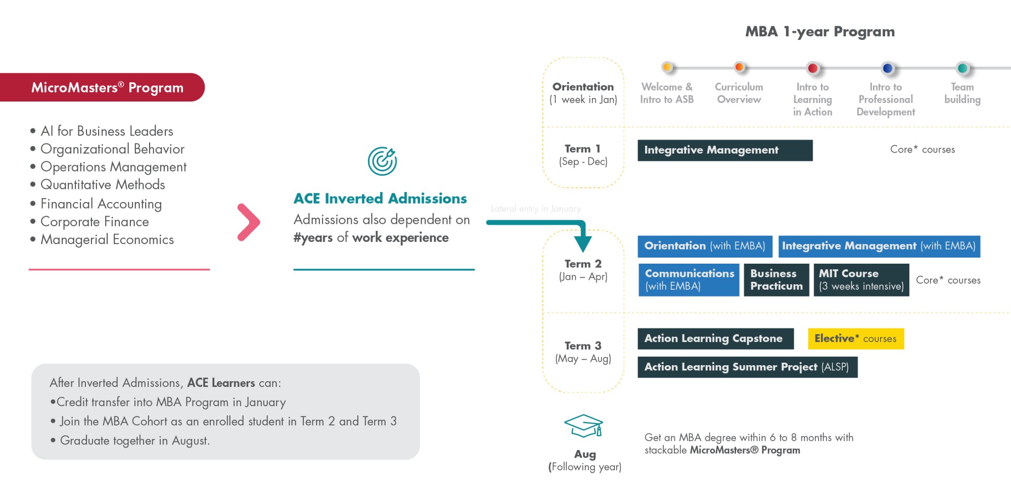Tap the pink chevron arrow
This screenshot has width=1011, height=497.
pyautogui.click(x=249, y=222)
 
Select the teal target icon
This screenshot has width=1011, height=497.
pyautogui.click(x=382, y=161)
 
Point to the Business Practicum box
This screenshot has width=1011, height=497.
pyautogui.click(x=776, y=280)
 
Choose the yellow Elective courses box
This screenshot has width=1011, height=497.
pyautogui.click(x=855, y=338)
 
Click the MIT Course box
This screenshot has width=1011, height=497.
pyautogui.click(x=861, y=280)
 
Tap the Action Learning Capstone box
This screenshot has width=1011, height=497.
pyautogui.click(x=715, y=338)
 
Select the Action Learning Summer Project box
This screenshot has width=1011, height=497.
pyautogui.click(x=747, y=367)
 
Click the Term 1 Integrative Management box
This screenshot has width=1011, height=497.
pyautogui.click(x=725, y=150)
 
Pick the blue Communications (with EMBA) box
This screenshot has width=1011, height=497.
pyautogui.click(x=689, y=280)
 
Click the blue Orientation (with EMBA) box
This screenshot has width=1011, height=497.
pyautogui.click(x=705, y=246)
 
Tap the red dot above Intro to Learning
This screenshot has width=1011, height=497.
pyautogui.click(x=813, y=68)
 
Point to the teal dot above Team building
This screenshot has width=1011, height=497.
pyautogui.click(x=962, y=68)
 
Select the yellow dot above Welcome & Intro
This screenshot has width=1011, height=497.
pyautogui.click(x=667, y=67)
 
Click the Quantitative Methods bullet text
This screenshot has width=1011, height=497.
pyautogui.click(x=103, y=185)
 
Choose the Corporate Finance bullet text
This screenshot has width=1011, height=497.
pyautogui.click(x=95, y=222)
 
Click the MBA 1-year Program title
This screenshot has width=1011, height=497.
pyautogui.click(x=820, y=32)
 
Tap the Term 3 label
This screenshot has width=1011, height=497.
pyautogui.click(x=583, y=346)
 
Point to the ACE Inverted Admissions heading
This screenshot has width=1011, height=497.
pyautogui.click(x=380, y=198)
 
